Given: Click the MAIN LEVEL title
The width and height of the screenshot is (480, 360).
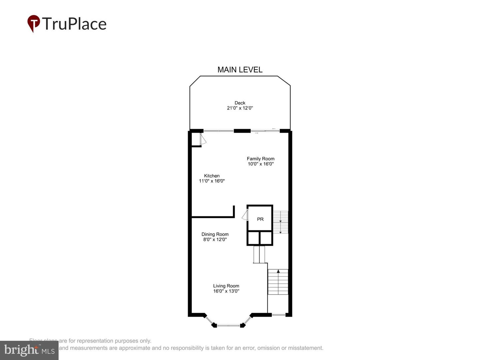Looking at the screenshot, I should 240,70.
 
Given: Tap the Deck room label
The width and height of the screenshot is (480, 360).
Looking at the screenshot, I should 240,103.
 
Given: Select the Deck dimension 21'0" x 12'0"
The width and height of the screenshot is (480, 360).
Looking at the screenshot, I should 240,108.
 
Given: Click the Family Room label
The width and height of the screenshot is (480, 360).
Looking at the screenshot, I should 261,159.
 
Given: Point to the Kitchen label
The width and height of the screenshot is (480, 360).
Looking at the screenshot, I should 212,176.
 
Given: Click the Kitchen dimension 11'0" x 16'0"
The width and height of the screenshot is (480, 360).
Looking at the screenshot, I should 212,181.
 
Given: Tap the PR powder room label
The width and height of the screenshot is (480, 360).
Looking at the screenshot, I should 260,219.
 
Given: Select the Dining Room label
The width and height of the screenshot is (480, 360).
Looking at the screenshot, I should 215,234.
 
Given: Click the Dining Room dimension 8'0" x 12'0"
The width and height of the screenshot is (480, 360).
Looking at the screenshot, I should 215,239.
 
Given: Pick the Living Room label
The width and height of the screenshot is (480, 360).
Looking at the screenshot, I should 226,286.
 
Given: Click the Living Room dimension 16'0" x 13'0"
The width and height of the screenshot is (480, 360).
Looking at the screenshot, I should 226,291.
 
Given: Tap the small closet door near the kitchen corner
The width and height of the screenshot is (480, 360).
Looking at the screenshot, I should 203,139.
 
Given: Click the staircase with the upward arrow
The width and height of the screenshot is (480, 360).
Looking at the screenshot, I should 278,282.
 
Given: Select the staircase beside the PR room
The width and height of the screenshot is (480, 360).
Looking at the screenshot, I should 281,222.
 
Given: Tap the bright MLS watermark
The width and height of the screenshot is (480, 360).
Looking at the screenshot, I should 29,350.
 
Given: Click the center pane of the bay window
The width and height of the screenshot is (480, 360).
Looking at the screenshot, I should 229,325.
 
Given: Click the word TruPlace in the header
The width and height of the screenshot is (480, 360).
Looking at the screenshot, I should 74,24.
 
